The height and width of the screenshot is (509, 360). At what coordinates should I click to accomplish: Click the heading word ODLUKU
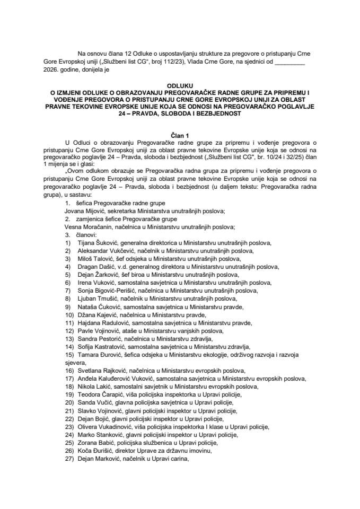tap(180, 85)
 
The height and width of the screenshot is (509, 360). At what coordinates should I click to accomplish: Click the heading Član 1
tap(180, 136)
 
